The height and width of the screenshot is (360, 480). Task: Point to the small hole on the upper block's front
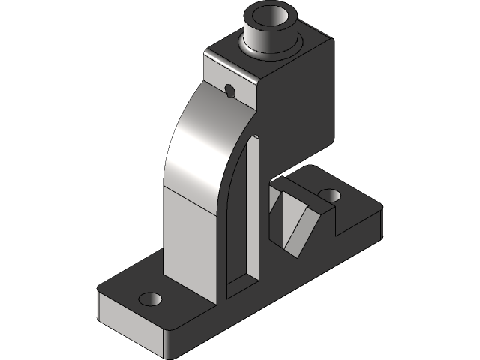coord(229,91)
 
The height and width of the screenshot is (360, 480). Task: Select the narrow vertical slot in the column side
coord(251,210)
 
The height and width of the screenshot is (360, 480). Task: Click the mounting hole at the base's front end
coord(151,298)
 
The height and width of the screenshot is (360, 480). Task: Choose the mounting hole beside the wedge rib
coord(329,195)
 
